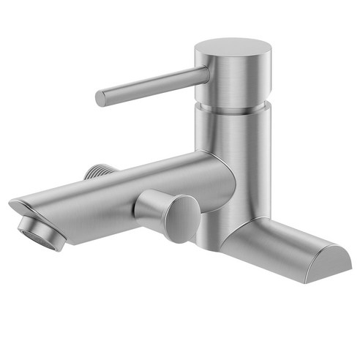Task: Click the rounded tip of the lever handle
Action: [101, 98]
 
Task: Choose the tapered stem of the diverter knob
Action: [150, 206]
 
